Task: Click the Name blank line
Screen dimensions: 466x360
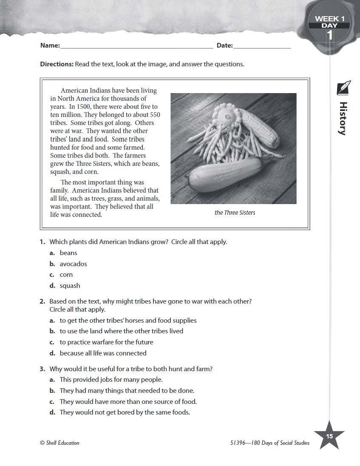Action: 136,46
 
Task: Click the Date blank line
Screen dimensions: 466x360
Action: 262,46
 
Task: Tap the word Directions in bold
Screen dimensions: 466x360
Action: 57,64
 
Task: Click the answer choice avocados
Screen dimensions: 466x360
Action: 73,264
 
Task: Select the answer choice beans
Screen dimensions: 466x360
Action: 68,253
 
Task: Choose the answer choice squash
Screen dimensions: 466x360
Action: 70,286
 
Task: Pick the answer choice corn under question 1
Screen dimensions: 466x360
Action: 66,275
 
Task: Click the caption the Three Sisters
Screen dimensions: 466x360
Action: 235,213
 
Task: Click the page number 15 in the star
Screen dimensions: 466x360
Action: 329,436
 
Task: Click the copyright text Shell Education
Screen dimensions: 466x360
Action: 60,443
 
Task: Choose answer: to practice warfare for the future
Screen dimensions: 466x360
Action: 106,342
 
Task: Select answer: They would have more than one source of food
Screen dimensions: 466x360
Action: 128,401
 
